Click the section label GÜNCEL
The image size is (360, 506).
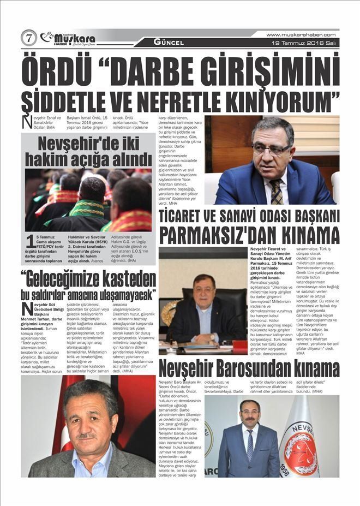[169, 42]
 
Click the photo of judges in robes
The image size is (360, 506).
[88, 199]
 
